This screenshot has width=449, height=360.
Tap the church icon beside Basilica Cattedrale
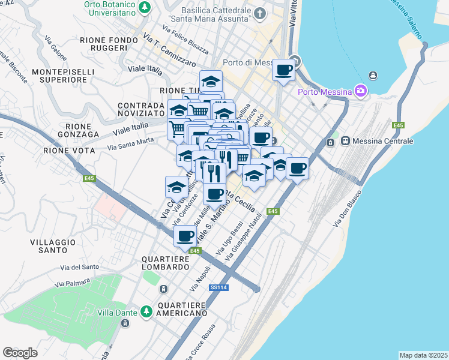(259, 13)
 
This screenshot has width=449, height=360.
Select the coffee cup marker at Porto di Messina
(283, 70)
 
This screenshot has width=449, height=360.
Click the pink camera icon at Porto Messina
(360, 91)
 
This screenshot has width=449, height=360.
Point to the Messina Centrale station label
(384, 141)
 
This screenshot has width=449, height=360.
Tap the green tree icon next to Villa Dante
(146, 311)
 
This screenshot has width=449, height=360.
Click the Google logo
(20, 352)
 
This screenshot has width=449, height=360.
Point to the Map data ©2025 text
(423, 355)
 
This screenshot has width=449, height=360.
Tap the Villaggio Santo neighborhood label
(53, 246)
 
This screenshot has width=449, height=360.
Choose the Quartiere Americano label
(182, 309)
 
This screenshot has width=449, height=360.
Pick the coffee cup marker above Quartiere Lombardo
(185, 236)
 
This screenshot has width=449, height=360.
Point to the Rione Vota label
(69, 151)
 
